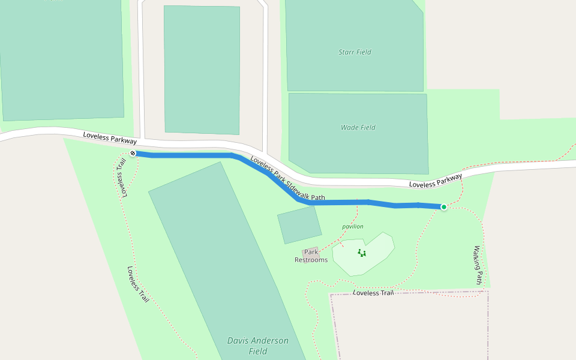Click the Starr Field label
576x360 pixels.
click(x=355, y=52)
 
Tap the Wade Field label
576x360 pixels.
click(x=358, y=127)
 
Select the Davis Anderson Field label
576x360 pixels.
click(x=258, y=346)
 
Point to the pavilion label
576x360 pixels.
click(x=353, y=226)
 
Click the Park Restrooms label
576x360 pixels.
click(x=311, y=256)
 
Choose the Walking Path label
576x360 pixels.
click(x=478, y=265)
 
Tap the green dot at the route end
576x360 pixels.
click(x=443, y=207)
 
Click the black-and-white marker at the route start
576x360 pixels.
click(x=133, y=154)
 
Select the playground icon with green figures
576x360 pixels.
click(x=362, y=253)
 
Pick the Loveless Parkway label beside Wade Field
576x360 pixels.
click(x=436, y=181)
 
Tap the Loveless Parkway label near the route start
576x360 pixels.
click(x=110, y=139)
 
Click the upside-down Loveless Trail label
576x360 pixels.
click(x=123, y=178)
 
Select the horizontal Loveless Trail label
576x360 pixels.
click(x=373, y=293)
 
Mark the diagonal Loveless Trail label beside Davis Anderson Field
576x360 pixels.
click(x=138, y=284)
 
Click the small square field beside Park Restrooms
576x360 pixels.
click(x=299, y=224)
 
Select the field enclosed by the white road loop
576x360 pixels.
click(x=202, y=70)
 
